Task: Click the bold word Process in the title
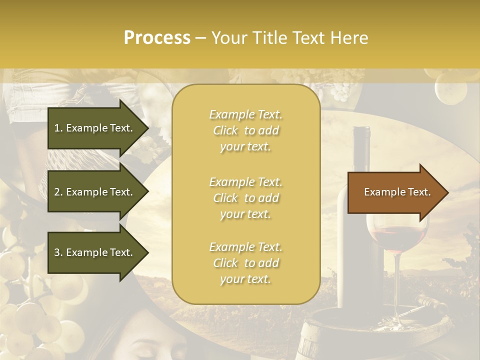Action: (x=157, y=38)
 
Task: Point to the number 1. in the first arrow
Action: (x=58, y=128)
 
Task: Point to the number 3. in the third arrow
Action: (x=58, y=252)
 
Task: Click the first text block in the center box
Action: (x=245, y=130)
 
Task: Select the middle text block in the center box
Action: (x=245, y=198)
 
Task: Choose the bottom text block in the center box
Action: (x=245, y=263)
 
